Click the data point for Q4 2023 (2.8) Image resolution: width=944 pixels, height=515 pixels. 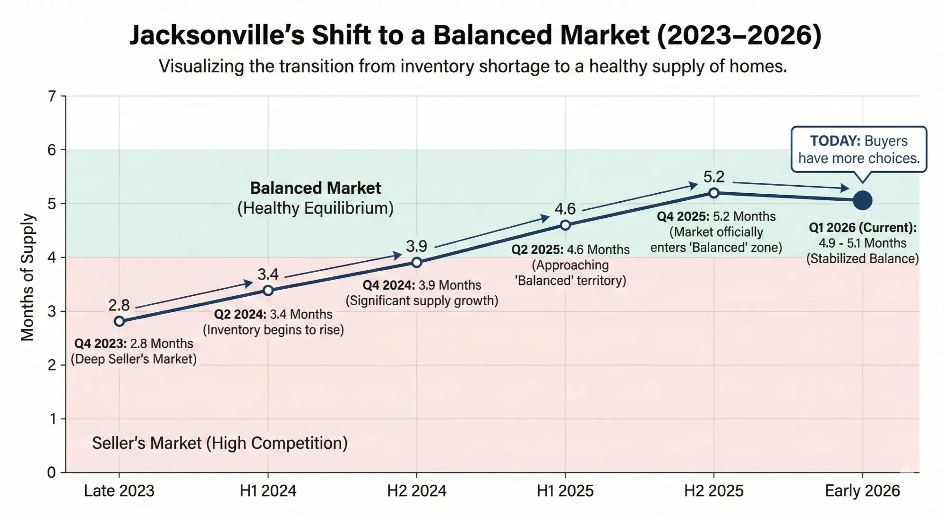pyautogui.click(x=120, y=321)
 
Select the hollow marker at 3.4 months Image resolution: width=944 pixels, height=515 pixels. pyautogui.click(x=268, y=290)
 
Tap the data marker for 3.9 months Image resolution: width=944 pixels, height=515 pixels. pyautogui.click(x=417, y=263)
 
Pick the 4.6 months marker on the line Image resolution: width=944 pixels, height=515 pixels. pyautogui.click(x=565, y=225)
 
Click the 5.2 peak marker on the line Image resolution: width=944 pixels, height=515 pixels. pyautogui.click(x=714, y=193)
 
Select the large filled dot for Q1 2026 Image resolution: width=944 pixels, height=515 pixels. pyautogui.click(x=863, y=200)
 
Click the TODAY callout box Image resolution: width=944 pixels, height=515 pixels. pyautogui.click(x=858, y=149)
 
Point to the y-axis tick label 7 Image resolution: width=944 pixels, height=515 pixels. pyautogui.click(x=52, y=96)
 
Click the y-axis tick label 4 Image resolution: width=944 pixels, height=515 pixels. pyautogui.click(x=52, y=257)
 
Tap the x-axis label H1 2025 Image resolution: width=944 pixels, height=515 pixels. pyautogui.click(x=565, y=491)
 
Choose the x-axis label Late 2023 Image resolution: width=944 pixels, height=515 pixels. pyautogui.click(x=119, y=491)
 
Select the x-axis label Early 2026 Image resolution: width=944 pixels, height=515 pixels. pyautogui.click(x=862, y=491)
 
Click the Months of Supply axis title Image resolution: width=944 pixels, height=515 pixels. pyautogui.click(x=27, y=277)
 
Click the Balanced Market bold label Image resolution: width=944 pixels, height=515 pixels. pyautogui.click(x=315, y=188)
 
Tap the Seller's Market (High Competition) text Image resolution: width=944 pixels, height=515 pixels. pyautogui.click(x=220, y=443)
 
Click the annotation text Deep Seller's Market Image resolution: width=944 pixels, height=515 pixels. pyautogui.click(x=134, y=359)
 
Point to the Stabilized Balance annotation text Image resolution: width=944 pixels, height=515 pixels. pyautogui.click(x=862, y=258)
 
